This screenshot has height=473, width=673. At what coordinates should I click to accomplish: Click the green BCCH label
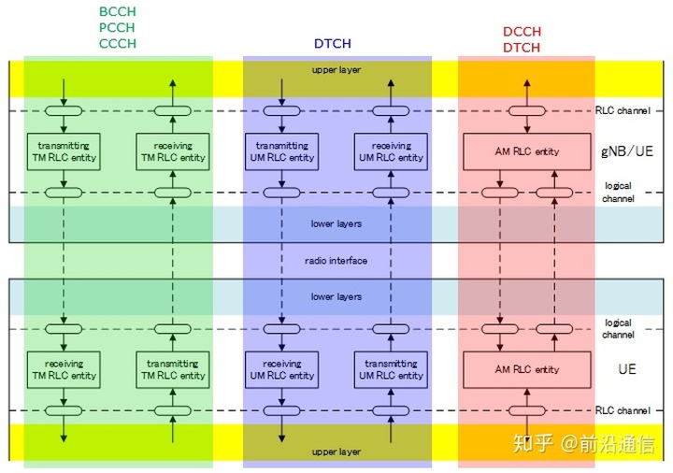click(x=118, y=11)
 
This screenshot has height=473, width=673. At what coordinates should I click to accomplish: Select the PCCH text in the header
click(x=117, y=27)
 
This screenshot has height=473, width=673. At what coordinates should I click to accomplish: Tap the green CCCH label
click(x=118, y=43)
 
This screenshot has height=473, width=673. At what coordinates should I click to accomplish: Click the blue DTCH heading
click(x=333, y=43)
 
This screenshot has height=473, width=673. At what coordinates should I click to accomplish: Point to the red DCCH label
click(x=522, y=32)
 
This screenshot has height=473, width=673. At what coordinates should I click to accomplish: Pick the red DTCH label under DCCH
click(x=522, y=48)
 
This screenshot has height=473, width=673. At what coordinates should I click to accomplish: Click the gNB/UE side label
click(x=627, y=151)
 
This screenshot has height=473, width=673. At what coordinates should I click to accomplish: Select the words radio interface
click(x=336, y=261)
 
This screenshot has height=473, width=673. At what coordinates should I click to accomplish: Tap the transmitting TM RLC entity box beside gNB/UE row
click(x=64, y=151)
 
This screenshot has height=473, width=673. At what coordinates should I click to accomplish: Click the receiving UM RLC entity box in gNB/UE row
click(x=391, y=151)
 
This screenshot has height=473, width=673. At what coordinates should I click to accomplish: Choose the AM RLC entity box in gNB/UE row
click(x=527, y=151)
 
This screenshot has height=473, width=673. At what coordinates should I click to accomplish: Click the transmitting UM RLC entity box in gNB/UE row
click(x=282, y=151)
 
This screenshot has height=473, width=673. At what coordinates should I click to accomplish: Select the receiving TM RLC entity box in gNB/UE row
click(x=173, y=151)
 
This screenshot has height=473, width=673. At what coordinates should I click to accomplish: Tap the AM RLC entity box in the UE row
click(x=527, y=369)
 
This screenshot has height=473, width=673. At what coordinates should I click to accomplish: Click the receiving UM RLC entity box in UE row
click(x=282, y=369)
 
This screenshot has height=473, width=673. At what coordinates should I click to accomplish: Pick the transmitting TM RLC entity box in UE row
click(x=173, y=369)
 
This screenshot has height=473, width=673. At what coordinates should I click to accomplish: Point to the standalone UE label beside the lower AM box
click(x=627, y=369)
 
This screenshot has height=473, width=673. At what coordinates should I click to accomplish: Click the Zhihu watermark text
click(x=584, y=444)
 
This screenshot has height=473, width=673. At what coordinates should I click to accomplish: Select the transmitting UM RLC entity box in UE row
click(x=391, y=369)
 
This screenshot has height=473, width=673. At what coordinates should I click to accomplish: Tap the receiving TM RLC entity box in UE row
click(x=64, y=369)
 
